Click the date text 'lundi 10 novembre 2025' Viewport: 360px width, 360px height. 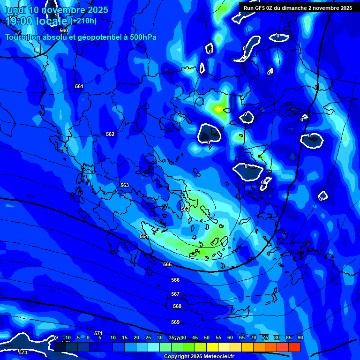[56, 10]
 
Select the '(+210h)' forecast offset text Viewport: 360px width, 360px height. [83, 21]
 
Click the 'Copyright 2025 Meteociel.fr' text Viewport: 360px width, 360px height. [199, 357]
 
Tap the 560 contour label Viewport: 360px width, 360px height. [64, 30]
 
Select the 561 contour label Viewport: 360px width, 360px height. [79, 86]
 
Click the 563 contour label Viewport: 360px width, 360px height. [124, 185]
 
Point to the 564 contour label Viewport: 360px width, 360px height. [144, 236]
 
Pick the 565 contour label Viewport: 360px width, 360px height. [167, 264]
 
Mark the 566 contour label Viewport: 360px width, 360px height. [175, 280]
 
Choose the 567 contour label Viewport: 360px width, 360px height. [175, 294]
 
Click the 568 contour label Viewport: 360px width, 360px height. [177, 306]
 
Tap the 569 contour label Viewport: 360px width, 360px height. [175, 322]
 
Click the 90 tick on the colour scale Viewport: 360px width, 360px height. [300, 337]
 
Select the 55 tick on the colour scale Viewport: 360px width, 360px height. [218, 337]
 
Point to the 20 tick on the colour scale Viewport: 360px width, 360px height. [136, 337]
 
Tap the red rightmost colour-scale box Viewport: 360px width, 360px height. [294, 347]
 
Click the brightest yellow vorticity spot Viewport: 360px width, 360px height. [217, 109]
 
